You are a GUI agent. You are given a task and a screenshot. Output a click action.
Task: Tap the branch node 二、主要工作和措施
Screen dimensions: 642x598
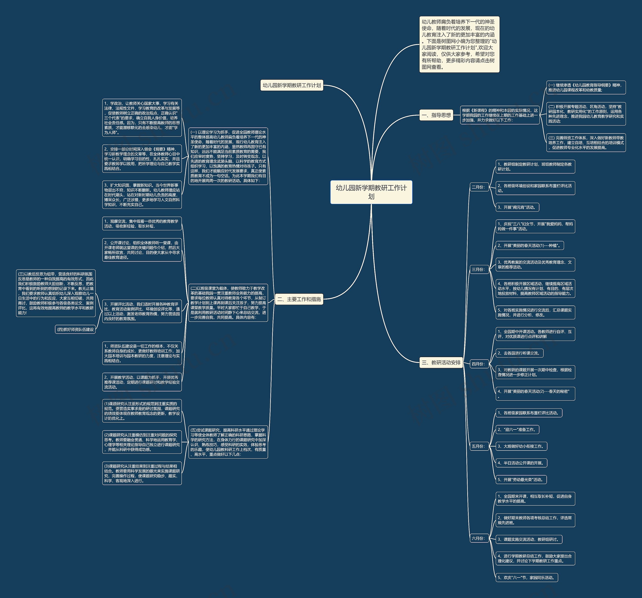pos(299,299)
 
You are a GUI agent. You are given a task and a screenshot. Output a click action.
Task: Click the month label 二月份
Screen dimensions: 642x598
pos(478,187)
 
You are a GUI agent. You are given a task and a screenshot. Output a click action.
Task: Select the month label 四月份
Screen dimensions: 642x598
pos(478,364)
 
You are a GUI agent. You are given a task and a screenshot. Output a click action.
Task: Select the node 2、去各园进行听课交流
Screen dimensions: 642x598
pos(520,353)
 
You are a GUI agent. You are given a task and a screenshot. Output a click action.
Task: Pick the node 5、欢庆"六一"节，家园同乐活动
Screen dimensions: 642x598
pos(527,577)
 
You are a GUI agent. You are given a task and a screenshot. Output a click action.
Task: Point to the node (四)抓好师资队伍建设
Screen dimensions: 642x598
pos(75,329)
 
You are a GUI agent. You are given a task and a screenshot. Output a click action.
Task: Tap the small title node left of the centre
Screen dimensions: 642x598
pos(292,85)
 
